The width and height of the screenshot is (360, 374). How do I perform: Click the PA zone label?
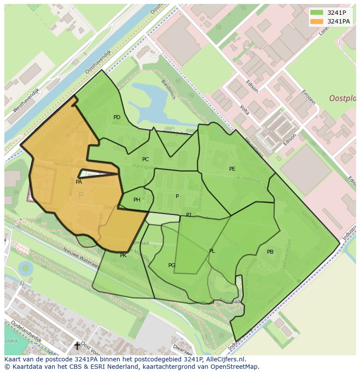[79, 182]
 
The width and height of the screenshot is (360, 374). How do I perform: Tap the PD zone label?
[117, 117]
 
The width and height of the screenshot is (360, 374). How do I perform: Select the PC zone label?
[145, 159]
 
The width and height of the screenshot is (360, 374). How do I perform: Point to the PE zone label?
[232, 169]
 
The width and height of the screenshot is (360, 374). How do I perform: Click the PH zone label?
[137, 200]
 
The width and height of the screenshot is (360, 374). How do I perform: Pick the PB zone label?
[270, 252]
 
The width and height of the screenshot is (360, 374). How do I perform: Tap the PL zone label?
[212, 251]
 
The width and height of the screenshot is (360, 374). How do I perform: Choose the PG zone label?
[172, 265]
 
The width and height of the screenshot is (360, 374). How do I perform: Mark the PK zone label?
[123, 255]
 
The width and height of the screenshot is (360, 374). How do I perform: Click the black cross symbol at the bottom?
[77, 346]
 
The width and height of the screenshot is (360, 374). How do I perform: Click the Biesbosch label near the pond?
[168, 89]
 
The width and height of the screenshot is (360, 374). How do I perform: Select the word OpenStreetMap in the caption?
[235, 367]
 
